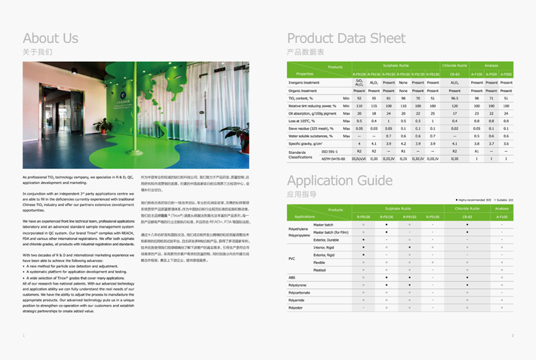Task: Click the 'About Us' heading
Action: click(x=51, y=38)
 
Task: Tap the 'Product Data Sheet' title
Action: click(x=347, y=38)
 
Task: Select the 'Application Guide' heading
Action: click(x=340, y=181)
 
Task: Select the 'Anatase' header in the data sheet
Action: click(x=491, y=66)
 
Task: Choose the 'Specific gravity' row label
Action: click(x=306, y=143)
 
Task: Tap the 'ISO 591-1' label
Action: click(x=331, y=152)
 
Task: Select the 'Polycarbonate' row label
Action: click(x=300, y=292)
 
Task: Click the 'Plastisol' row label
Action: click(x=320, y=269)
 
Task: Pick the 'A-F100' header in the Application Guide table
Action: click(x=502, y=217)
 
